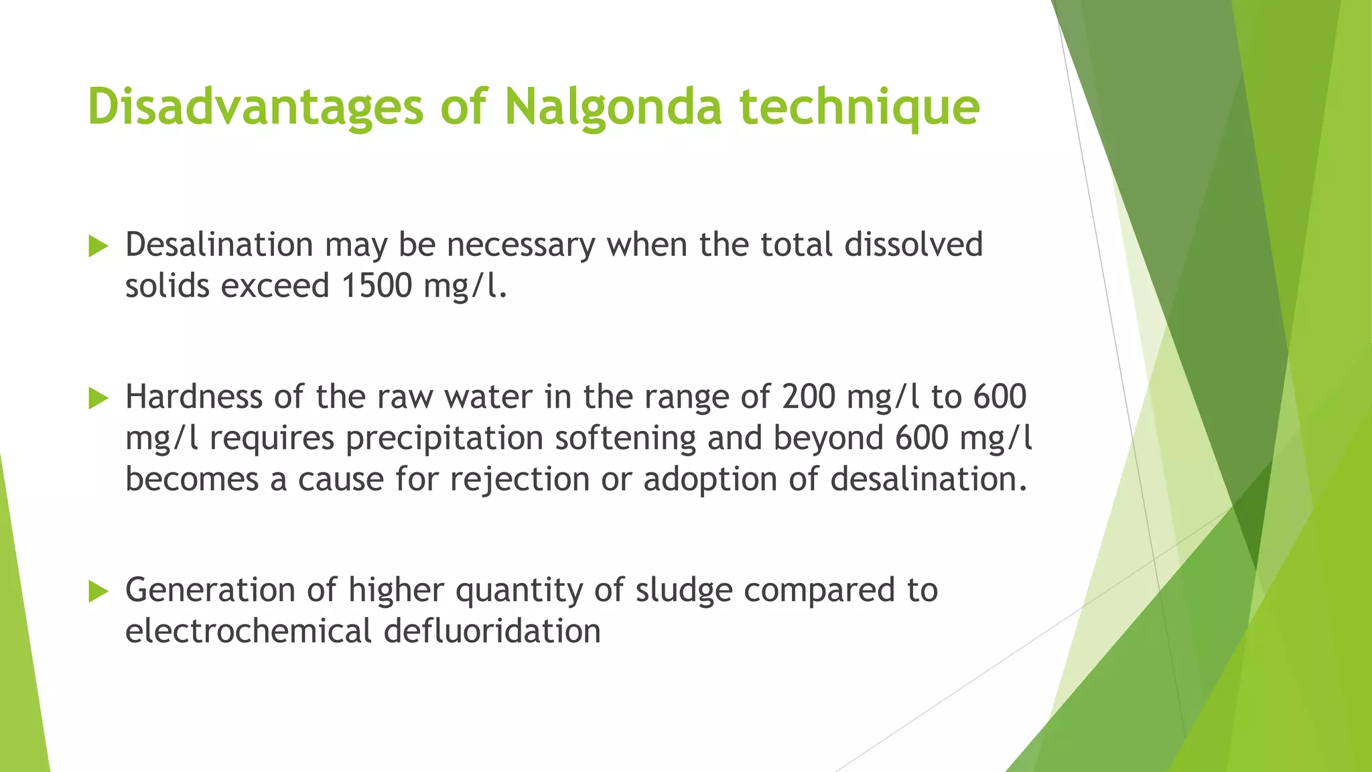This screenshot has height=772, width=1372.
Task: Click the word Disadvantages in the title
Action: click(255, 107)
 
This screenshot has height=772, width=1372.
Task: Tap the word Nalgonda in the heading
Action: click(613, 107)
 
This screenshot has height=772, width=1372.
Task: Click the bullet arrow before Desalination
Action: click(98, 247)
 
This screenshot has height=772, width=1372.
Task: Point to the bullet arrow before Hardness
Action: click(98, 399)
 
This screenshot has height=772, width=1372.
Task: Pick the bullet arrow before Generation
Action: click(98, 591)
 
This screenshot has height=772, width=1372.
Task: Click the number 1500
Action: click(376, 286)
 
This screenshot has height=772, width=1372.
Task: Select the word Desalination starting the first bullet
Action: click(219, 245)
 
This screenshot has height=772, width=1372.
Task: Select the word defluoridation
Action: click(492, 631)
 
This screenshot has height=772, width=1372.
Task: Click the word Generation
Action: click(210, 590)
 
